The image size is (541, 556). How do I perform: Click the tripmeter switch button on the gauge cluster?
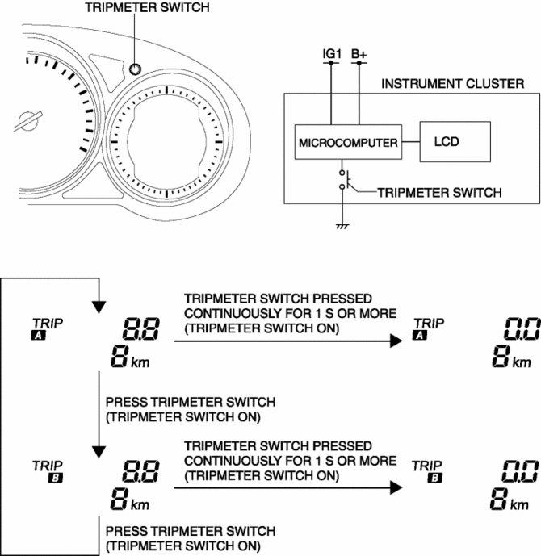pos(136,69)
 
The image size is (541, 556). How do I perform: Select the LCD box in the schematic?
pos(454,142)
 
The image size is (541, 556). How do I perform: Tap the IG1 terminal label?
pos(332,55)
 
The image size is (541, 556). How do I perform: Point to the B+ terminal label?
pos(359,55)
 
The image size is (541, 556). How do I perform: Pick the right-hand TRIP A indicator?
pos(424,328)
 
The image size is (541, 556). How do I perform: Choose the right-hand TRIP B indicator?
pos(424,470)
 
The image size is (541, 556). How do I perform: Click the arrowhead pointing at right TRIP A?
pos(395,341)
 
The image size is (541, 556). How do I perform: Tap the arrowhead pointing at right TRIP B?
pos(395,487)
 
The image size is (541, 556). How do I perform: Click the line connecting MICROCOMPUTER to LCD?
pos(411,142)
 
